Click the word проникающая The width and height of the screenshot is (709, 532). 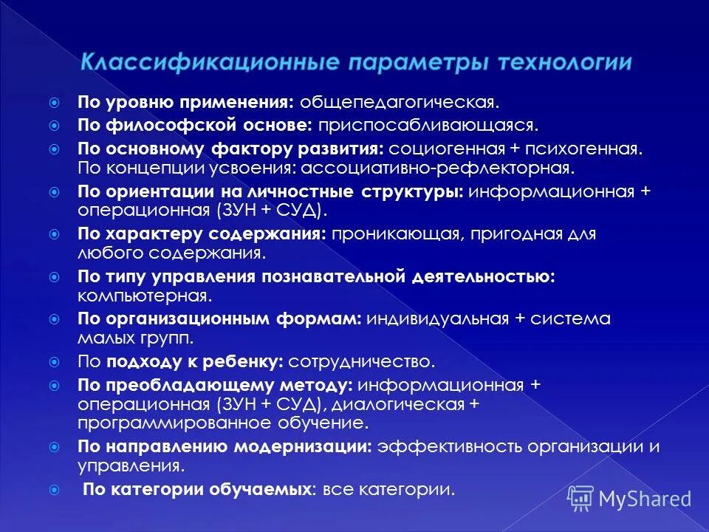pyautogui.click(x=387, y=234)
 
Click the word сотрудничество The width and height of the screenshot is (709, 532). pyautogui.click(x=362, y=362)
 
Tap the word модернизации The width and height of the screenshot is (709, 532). pyautogui.click(x=302, y=447)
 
